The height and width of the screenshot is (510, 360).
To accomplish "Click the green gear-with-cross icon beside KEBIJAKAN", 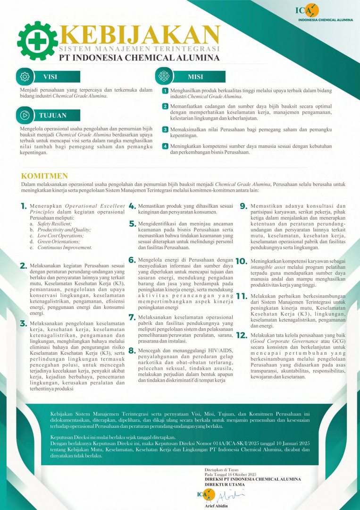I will coord(37,42).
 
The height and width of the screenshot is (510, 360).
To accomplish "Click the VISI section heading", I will coord(50,77).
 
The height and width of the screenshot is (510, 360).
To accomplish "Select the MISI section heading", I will coord(195,77).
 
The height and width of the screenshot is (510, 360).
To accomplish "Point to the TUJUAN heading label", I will coord(52,115).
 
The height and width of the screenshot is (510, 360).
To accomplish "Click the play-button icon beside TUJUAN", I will coord(25,115).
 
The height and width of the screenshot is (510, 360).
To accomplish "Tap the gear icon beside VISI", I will coord(25,77).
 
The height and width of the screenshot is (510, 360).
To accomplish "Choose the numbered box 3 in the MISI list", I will coord(165,129).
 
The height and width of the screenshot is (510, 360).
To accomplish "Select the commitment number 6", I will coord(132,260).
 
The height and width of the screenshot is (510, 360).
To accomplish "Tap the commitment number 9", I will coord(243,206).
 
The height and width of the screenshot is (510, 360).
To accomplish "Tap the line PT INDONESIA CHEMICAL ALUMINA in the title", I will coord(139,58).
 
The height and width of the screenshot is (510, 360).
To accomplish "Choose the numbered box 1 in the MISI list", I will coord(165,90).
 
